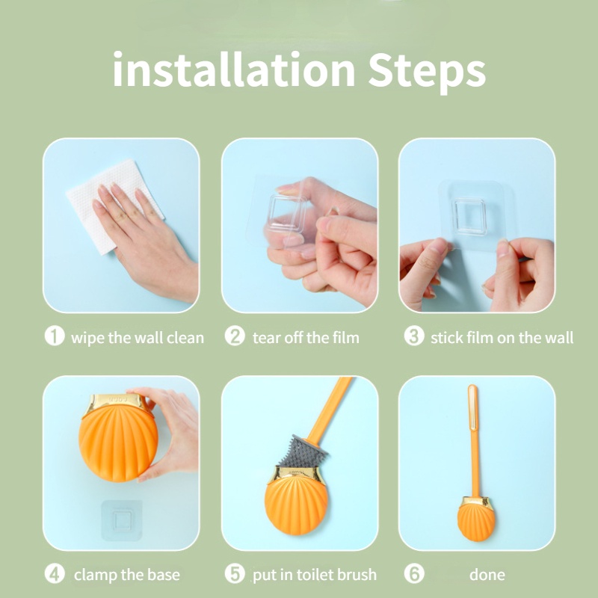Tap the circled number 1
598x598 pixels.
tap(55, 336)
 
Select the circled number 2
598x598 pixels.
tap(235, 336)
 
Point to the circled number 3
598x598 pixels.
tap(413, 336)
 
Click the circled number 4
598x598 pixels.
tap(55, 574)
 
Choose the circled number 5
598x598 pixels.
tap(235, 574)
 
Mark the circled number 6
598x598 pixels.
tap(413, 574)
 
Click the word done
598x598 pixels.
tap(487, 575)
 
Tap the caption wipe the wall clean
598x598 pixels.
tap(137, 338)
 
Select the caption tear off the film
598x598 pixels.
tap(306, 338)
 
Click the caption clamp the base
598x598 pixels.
tap(127, 575)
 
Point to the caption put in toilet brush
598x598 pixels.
tap(314, 575)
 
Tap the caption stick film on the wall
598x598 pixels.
tap(502, 338)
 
